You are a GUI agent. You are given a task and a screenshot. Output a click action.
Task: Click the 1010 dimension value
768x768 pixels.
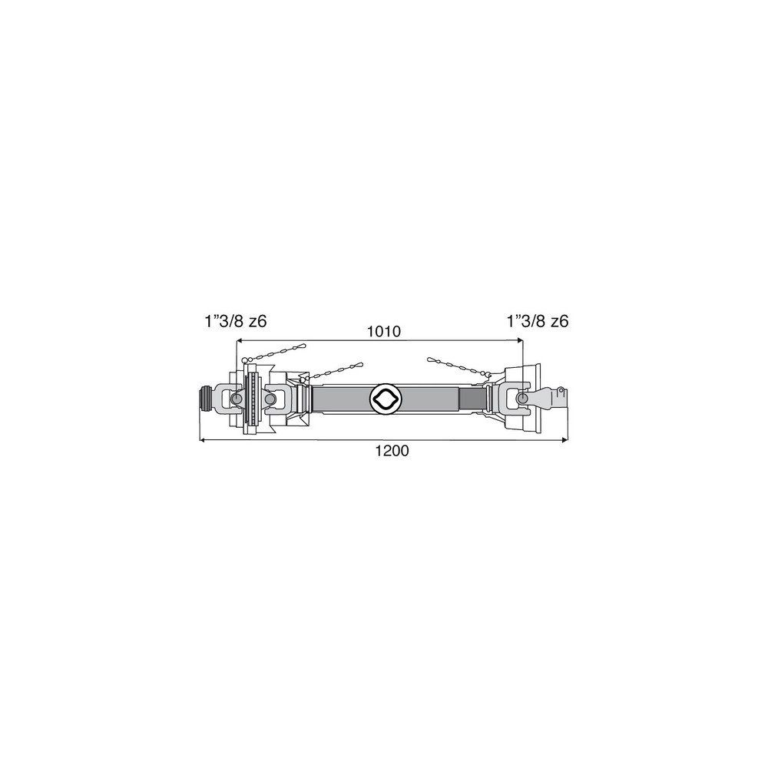pyautogui.click(x=384, y=332)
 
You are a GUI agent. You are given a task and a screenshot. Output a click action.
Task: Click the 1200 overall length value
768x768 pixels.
pyautogui.click(x=392, y=450)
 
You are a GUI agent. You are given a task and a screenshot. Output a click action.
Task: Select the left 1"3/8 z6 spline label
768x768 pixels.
pyautogui.click(x=236, y=322)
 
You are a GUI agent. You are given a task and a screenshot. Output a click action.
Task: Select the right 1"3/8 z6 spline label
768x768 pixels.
pyautogui.click(x=538, y=322)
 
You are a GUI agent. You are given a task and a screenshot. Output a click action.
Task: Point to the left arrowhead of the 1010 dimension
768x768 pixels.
pyautogui.click(x=240, y=340)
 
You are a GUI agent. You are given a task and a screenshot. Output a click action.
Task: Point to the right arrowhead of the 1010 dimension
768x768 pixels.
pyautogui.click(x=519, y=340)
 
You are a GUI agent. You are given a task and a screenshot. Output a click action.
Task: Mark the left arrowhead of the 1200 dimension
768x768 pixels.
pyautogui.click(x=204, y=440)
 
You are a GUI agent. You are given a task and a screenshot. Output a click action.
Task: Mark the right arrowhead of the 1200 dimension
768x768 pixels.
pyautogui.click(x=564, y=440)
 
